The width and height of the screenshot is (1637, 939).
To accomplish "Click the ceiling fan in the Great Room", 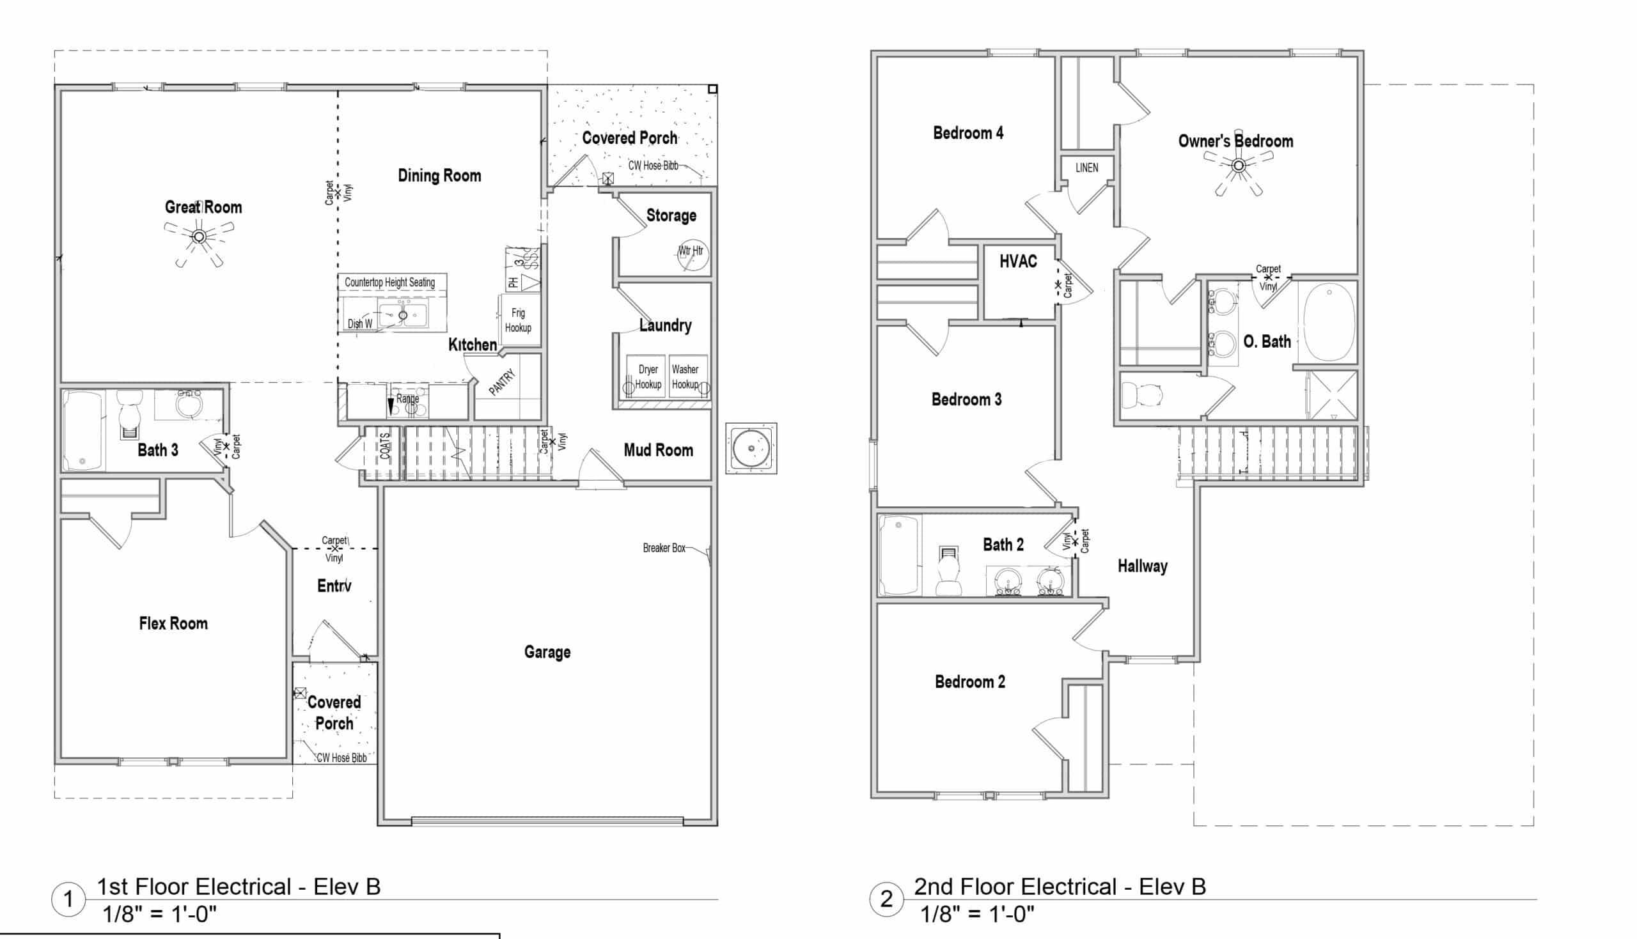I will click(200, 237).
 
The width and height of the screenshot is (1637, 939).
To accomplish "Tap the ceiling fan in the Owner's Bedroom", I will click(1238, 166).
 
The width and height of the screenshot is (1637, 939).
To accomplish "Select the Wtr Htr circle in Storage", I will click(693, 254).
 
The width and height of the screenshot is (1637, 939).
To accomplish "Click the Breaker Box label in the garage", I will click(664, 548).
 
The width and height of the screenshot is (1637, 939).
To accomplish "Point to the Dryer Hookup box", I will click(647, 376).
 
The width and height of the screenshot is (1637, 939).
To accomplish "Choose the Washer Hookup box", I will click(686, 376).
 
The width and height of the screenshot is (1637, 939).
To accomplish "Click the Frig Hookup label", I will click(518, 320).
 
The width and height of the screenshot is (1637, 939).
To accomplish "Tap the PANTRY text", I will click(502, 382).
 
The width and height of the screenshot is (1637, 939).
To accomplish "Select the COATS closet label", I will click(385, 446).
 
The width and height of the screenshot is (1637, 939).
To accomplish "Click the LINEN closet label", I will click(1086, 167).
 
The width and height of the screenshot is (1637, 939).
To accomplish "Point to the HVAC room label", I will click(1018, 261).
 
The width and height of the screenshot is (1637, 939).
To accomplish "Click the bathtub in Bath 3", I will click(82, 430).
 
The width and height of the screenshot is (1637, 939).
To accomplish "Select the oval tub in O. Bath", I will click(1329, 321).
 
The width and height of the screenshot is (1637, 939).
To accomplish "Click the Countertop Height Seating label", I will click(389, 283).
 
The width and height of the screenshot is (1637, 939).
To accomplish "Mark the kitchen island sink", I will click(402, 315).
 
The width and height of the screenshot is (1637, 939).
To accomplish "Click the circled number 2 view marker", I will click(886, 899).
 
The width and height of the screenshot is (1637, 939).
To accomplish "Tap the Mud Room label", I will click(658, 450).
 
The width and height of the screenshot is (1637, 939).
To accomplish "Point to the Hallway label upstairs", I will click(1142, 566).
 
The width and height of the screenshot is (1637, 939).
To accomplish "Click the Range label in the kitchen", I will click(407, 399).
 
